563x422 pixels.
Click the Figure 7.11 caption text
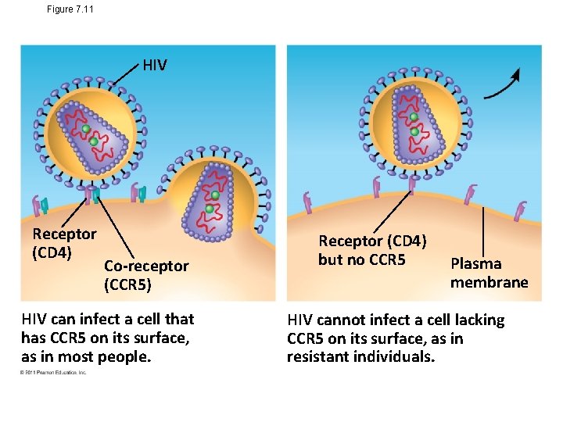coord(70,9)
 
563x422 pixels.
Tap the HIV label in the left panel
coord(155,66)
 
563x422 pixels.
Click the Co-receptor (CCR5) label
coord(146,275)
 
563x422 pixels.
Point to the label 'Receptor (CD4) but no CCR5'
coord(371,250)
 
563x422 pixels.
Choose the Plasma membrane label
coord(489,273)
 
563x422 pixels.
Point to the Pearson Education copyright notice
coord(54,373)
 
